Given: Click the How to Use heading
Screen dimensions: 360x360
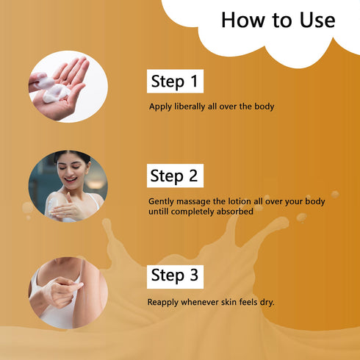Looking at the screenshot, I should click(278, 21).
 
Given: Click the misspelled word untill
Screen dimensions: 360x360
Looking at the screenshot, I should click(161, 211).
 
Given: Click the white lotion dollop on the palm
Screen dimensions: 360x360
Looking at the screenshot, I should click(54, 93).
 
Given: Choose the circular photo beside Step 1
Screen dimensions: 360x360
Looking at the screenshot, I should click(68, 86).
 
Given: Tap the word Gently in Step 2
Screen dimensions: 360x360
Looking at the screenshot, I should click(162, 200).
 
